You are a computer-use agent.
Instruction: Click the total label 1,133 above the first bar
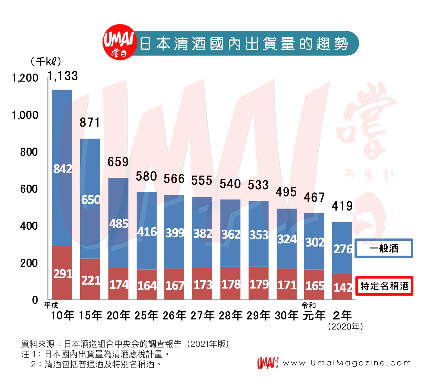[63, 76]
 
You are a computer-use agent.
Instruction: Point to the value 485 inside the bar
[119, 224]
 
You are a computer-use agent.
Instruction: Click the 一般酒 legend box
[384, 248]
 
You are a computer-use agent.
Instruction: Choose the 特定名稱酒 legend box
[384, 286]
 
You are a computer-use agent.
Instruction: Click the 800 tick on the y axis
[29, 152]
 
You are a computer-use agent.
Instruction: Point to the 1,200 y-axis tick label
[25, 78]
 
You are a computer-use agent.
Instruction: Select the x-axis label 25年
[146, 315]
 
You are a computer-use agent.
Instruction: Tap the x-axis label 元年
[314, 315]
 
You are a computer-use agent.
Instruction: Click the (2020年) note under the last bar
[345, 327]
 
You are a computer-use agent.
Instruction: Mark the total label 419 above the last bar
[342, 206]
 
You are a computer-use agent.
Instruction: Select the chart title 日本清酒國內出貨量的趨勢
[244, 44]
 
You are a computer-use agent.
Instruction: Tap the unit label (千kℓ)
[45, 61]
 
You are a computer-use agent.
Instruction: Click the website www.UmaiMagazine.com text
[347, 363]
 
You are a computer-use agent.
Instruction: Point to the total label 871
[90, 122]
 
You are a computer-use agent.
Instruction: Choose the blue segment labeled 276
[342, 248]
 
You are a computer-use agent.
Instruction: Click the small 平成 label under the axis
[51, 305]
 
